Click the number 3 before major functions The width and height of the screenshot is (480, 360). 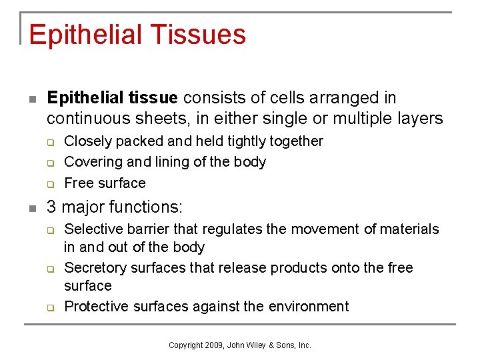pyautogui.click(x=51, y=207)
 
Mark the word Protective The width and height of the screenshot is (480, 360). pyautogui.click(x=95, y=307)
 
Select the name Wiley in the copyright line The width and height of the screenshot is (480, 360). pyautogui.click(x=259, y=345)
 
